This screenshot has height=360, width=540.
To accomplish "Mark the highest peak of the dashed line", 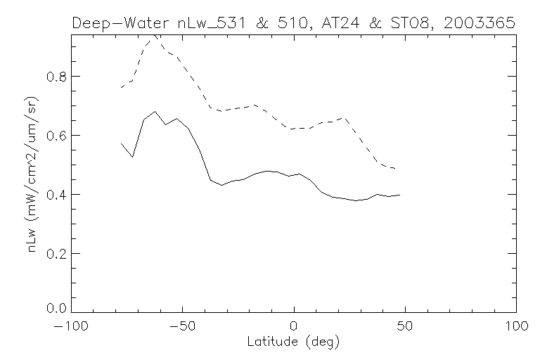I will tap(154, 35).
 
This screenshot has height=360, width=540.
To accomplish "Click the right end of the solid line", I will tap(400, 195).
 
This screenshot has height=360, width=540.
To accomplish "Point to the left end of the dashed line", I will tap(121, 87).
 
